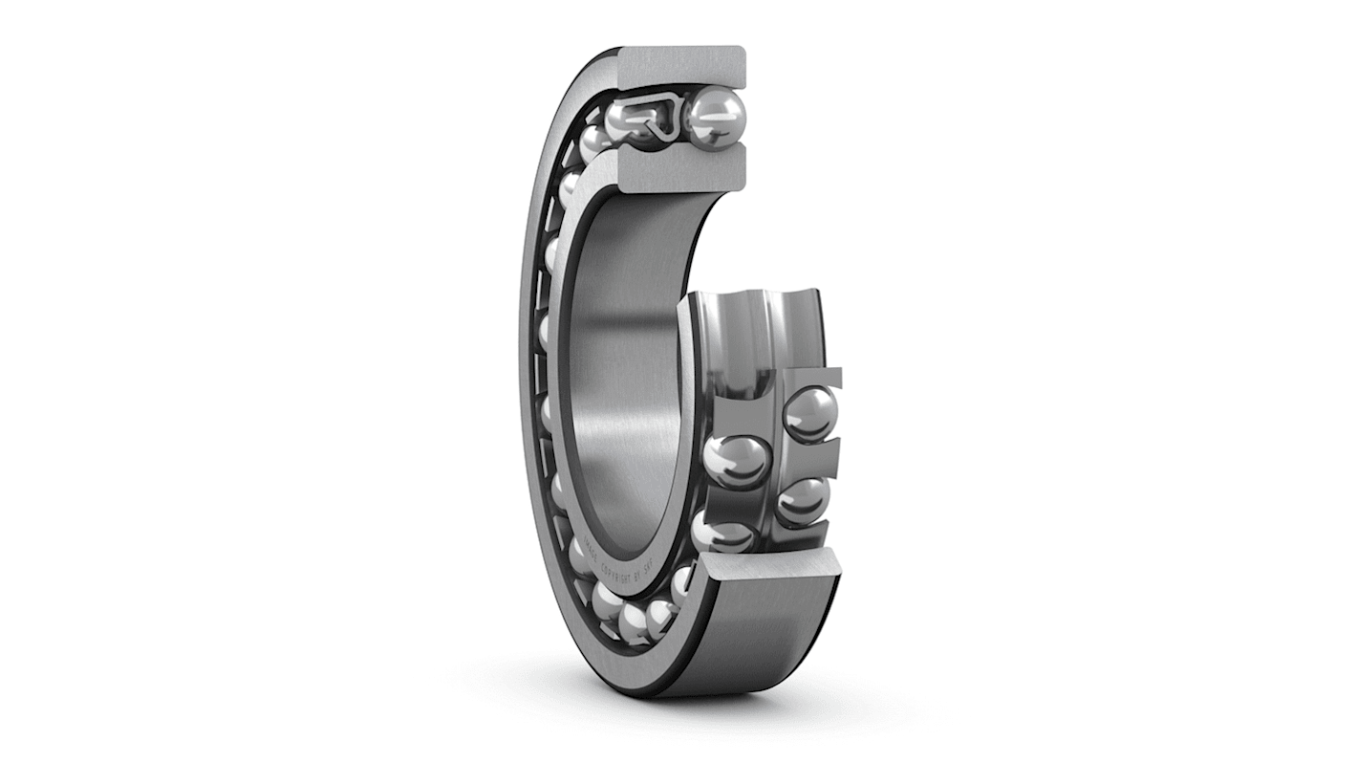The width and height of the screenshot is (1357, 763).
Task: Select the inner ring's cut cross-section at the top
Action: point(680,168)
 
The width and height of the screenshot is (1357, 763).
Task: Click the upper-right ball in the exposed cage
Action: point(809,414)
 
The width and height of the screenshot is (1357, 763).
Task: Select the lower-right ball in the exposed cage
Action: point(801,500)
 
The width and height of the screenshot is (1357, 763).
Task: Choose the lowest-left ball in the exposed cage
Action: point(723,532)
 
